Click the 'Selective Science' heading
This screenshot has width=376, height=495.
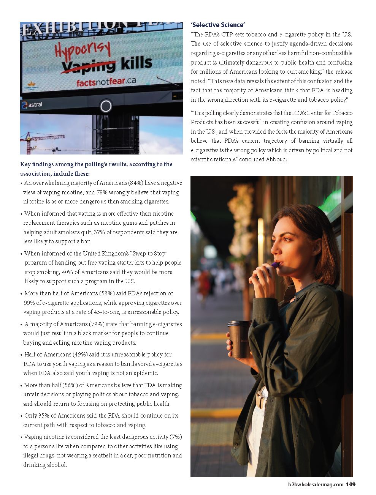[x=217, y=25]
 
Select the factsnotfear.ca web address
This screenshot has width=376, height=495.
[x=106, y=81]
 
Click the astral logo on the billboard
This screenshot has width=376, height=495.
[x=32, y=105]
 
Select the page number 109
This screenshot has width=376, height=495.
[x=351, y=484]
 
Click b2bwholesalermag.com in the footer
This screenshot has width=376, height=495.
[x=316, y=484]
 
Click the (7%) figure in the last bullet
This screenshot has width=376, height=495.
[x=176, y=437]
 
